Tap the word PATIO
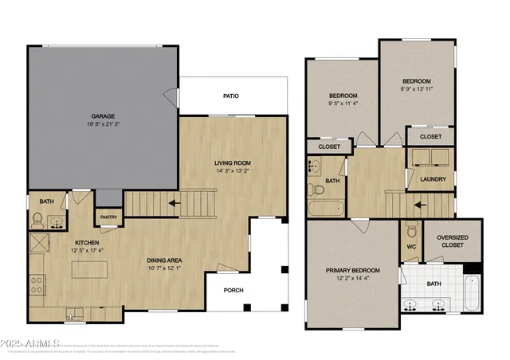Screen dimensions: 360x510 pyautogui.click(x=230, y=96)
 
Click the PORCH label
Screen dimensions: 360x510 pyautogui.click(x=233, y=290)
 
